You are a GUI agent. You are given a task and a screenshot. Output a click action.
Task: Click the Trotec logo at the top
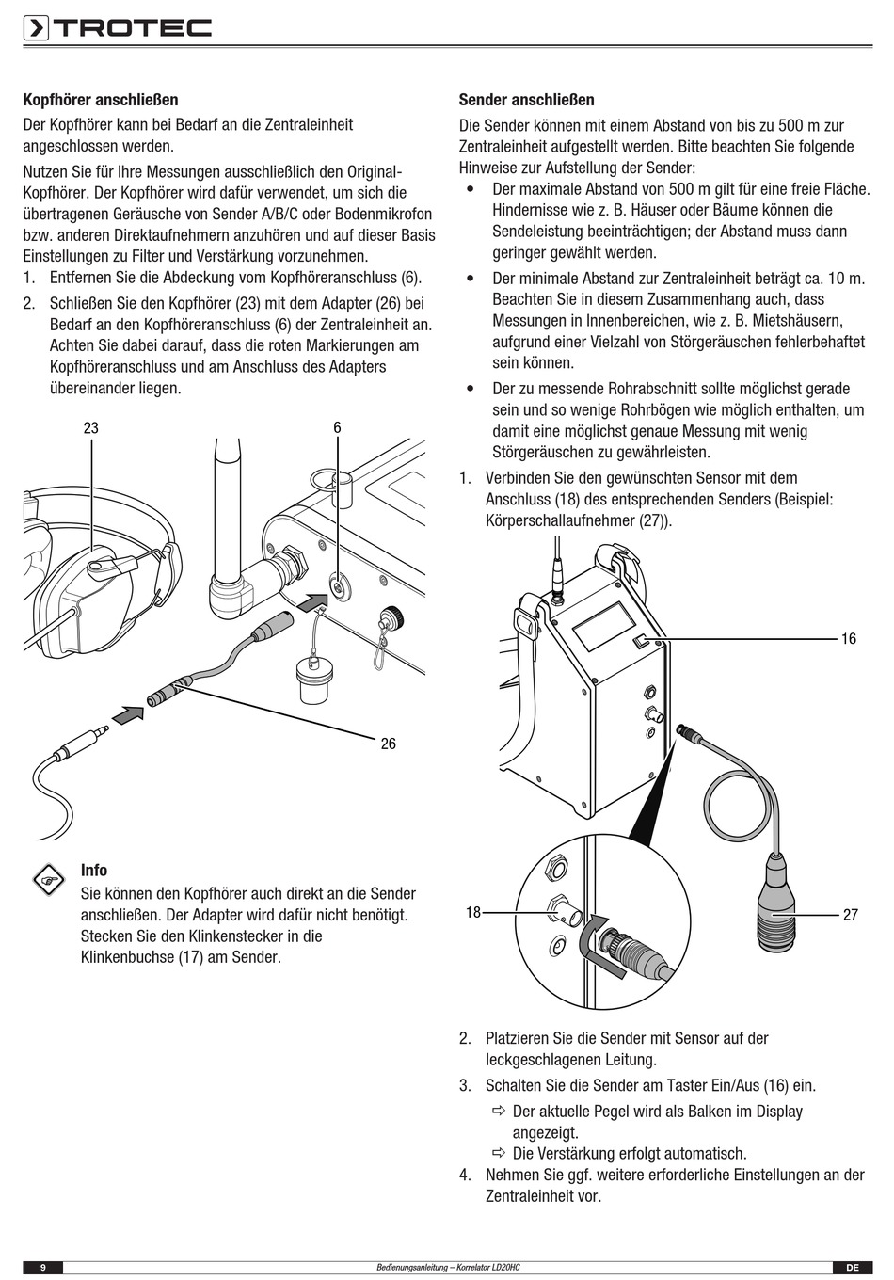pyautogui.click(x=118, y=28)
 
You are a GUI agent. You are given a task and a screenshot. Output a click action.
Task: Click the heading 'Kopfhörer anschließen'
pyautogui.click(x=101, y=100)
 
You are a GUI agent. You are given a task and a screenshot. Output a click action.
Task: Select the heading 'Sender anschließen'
pyautogui.click(x=526, y=100)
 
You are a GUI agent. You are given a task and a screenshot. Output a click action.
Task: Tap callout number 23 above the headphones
pyautogui.click(x=90, y=428)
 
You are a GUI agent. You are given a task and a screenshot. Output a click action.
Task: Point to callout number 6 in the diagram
pyautogui.click(x=337, y=428)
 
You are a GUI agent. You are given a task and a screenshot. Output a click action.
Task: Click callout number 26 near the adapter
pyautogui.click(x=388, y=744)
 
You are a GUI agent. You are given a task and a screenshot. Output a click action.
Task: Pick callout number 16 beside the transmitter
pyautogui.click(x=848, y=639)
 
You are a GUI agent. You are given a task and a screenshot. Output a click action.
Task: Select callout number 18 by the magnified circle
pyautogui.click(x=473, y=912)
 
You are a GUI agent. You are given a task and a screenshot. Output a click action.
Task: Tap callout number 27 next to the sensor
pyautogui.click(x=850, y=915)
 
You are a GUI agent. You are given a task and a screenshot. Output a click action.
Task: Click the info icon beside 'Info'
pyautogui.click(x=46, y=879)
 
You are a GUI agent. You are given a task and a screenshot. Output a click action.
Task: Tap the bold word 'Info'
pyautogui.click(x=94, y=871)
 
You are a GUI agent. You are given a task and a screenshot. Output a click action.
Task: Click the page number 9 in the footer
pyautogui.click(x=43, y=1268)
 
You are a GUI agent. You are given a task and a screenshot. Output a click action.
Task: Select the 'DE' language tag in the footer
pyautogui.click(x=852, y=1268)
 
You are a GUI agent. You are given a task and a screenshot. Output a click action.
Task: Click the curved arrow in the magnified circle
pyautogui.click(x=590, y=939)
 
